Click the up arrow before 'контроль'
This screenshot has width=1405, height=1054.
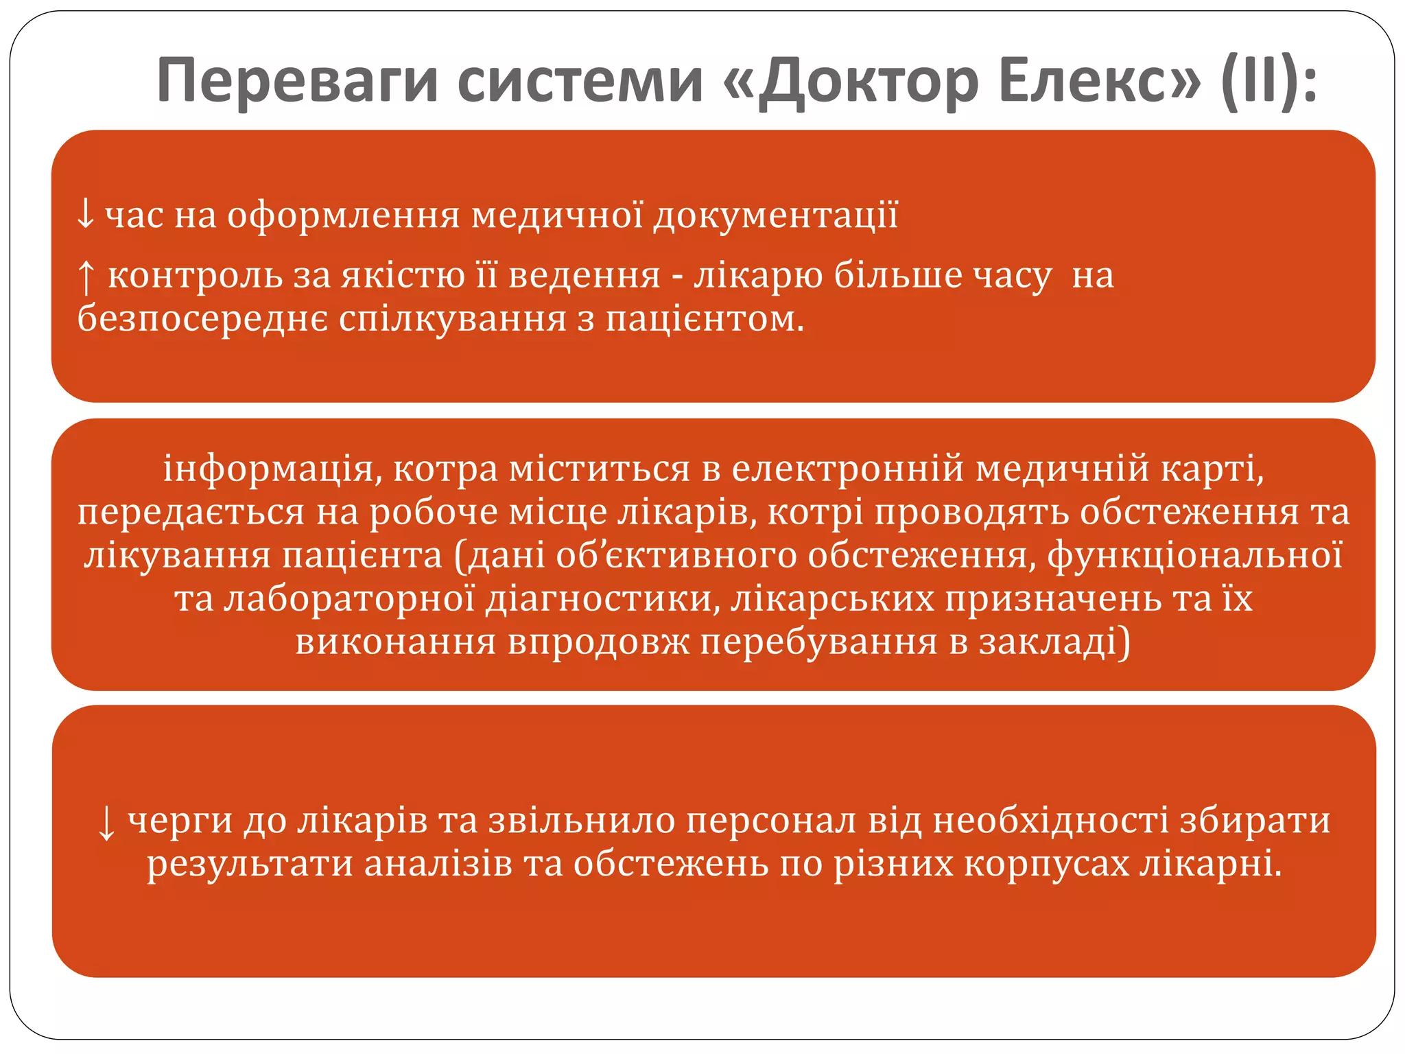tap(86, 277)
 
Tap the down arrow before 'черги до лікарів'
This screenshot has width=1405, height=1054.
tap(106, 823)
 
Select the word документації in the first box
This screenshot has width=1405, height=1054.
tap(775, 215)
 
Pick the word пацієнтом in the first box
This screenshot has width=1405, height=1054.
tap(704, 319)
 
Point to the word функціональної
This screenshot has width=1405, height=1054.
tap(1194, 555)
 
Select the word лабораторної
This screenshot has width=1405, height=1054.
tap(349, 598)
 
